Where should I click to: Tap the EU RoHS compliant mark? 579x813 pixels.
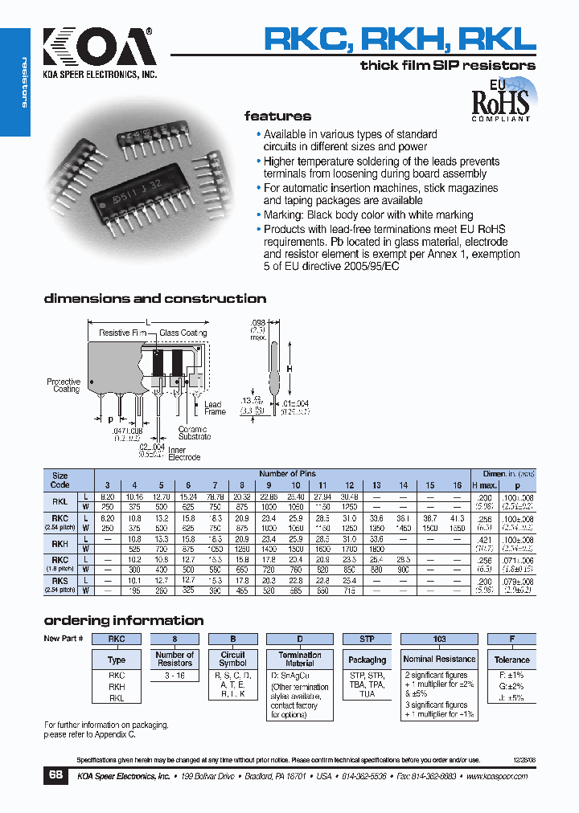(499, 100)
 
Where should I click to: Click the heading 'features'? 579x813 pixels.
(277, 116)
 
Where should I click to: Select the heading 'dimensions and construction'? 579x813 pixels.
(154, 299)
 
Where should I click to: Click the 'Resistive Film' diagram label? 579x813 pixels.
(122, 333)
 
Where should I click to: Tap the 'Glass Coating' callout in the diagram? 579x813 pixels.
(183, 333)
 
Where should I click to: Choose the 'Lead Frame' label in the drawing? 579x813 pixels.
(215, 408)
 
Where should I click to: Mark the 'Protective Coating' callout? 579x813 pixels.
(64, 386)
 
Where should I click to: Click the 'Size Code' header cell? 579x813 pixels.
(60, 480)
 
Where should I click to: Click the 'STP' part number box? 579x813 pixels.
(367, 639)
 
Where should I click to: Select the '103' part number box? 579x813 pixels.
(439, 639)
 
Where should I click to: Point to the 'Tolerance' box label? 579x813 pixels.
(512, 660)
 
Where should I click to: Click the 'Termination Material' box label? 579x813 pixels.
(300, 660)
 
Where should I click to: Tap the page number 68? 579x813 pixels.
(55, 775)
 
